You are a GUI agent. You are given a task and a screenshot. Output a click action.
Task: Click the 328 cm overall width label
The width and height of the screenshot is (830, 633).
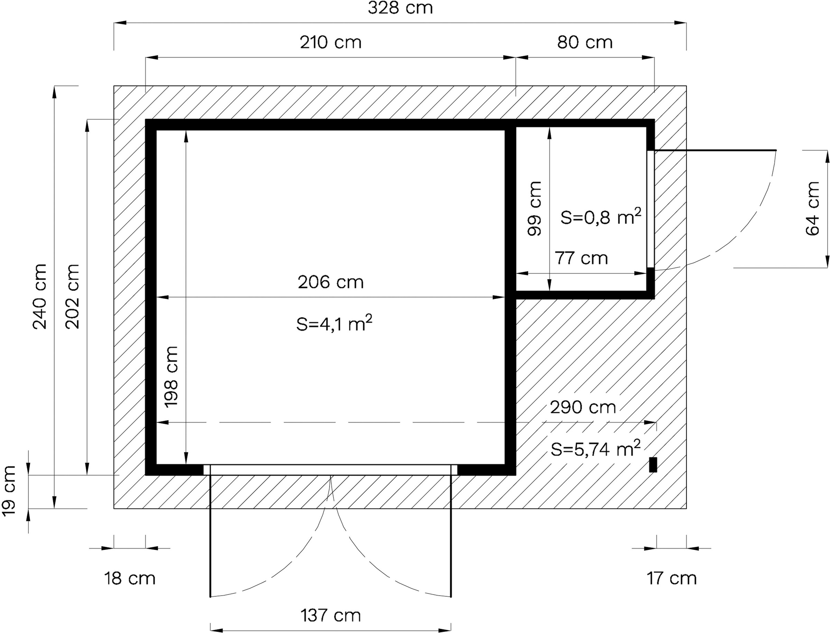point(400,8)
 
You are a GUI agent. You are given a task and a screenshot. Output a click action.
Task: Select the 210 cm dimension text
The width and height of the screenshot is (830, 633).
point(331,42)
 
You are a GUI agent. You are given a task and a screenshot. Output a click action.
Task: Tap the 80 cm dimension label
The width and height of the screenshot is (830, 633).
point(585,42)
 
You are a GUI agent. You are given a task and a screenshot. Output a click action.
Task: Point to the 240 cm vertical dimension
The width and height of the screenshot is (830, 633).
point(40,297)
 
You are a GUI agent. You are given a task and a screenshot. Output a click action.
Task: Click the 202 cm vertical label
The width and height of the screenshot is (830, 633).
point(72,297)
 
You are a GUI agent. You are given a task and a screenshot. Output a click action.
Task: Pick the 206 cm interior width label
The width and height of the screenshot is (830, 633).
point(331,282)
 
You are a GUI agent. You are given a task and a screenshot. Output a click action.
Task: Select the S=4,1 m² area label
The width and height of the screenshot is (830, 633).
point(334,324)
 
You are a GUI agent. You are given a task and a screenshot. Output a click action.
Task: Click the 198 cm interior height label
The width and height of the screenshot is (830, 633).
point(171,377)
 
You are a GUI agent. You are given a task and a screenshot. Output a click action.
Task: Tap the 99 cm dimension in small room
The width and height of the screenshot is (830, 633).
point(535,209)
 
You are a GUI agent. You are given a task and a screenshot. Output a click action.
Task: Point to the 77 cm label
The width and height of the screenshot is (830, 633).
point(582,258)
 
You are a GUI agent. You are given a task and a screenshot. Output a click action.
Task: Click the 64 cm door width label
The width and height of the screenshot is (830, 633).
point(813,209)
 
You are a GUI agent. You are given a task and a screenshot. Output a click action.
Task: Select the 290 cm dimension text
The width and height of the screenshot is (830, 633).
point(583,407)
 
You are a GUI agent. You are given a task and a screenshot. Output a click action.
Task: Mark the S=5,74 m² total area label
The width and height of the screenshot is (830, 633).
point(596,449)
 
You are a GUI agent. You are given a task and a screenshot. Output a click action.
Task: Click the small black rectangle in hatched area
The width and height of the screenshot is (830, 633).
point(653,464)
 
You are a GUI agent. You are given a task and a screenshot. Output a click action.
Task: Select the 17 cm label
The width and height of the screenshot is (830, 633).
point(672,578)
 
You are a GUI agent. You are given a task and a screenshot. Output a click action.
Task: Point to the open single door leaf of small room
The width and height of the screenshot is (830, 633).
point(715,150)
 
